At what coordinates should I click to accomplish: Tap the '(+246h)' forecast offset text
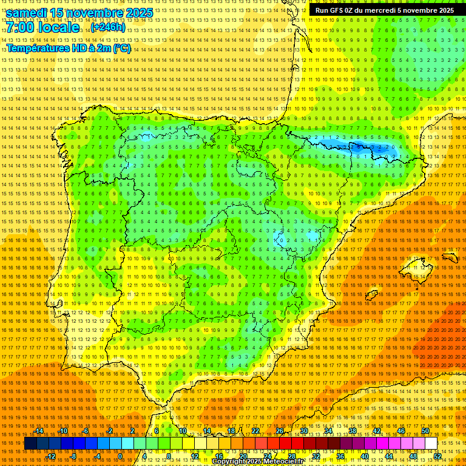[107, 27]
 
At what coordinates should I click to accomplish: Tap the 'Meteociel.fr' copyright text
[283, 461]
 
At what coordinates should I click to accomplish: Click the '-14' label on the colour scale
[39, 431]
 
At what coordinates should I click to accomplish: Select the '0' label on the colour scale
[120, 456]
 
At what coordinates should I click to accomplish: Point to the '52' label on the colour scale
[437, 456]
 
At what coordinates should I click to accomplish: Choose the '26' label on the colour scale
[280, 431]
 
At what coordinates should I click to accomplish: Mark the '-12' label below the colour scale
[52, 456]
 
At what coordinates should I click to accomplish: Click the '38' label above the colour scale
[352, 431]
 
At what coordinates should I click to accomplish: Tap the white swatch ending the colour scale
[431, 444]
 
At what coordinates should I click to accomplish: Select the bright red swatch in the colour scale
[285, 444]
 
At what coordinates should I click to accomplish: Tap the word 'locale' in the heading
[58, 28]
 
